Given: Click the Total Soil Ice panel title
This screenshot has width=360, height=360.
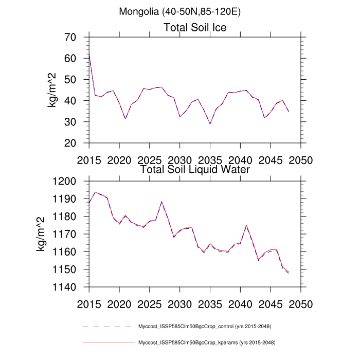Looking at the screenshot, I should (195, 27).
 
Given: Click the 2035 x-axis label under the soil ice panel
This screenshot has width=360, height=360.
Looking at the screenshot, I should (210, 159).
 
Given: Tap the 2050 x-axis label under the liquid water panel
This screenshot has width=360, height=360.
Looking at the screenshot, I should (301, 303).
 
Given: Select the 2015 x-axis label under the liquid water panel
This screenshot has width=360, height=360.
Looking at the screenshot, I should (89, 303).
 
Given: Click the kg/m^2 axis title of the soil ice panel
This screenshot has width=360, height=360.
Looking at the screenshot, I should (52, 90).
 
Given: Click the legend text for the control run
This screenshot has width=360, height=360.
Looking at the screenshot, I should (205, 327).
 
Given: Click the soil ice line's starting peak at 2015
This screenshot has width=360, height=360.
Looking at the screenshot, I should (89, 54).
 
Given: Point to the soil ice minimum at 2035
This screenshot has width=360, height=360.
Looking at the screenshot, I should (210, 124).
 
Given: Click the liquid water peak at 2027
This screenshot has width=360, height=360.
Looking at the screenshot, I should (161, 202).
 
